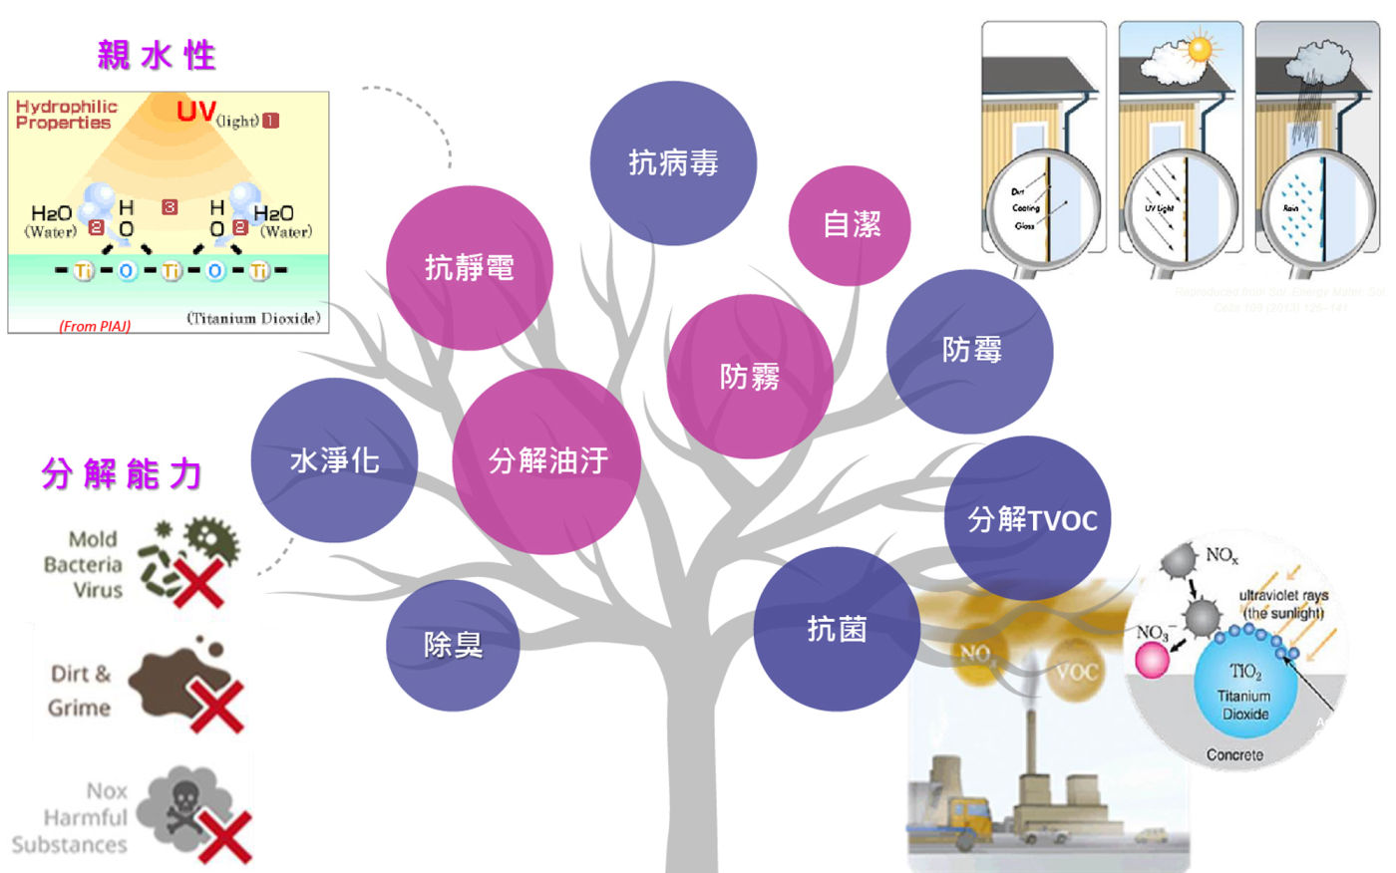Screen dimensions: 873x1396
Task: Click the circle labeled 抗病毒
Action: click(673, 163)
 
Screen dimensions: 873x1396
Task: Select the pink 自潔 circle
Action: click(850, 225)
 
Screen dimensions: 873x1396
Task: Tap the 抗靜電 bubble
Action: click(469, 267)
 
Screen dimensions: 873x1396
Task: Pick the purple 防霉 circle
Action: click(970, 351)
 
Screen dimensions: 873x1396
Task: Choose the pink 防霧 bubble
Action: click(749, 377)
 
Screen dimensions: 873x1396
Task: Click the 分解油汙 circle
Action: click(546, 460)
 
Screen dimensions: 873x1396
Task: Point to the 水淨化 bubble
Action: click(334, 460)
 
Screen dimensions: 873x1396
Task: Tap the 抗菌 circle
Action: click(836, 629)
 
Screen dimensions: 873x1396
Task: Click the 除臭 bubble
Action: click(453, 645)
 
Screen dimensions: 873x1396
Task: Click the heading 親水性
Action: click(157, 55)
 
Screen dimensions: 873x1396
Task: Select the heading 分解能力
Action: click(122, 474)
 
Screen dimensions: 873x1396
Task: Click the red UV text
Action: click(196, 112)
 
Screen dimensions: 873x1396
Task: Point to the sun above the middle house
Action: click(1200, 49)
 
